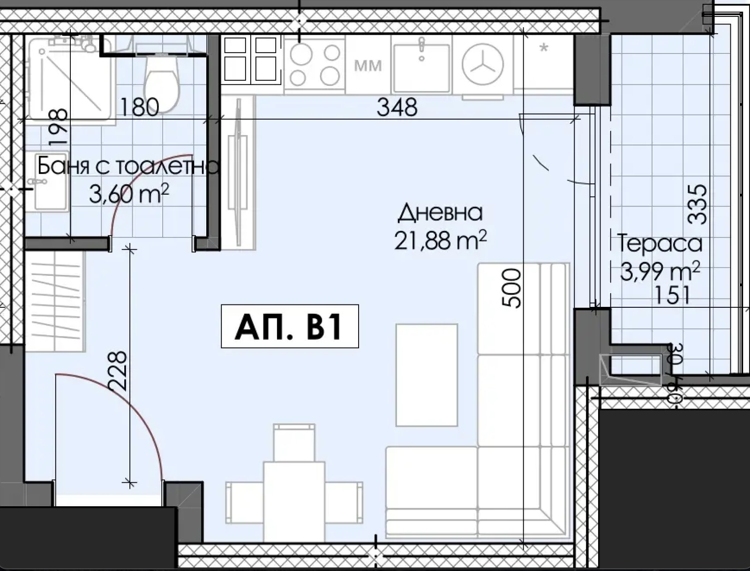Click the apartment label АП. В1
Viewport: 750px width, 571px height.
pos(290,326)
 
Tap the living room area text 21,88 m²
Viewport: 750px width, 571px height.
pos(440,240)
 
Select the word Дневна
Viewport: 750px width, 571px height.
pos(441,212)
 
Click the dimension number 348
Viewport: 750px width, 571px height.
pos(397,107)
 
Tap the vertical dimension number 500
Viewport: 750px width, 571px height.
pos(511,288)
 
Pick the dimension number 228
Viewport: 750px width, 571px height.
pos(117,371)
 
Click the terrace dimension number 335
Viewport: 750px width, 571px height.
pos(697,205)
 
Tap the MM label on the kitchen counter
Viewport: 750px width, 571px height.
pos(368,66)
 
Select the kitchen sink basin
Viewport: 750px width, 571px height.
pos(421,69)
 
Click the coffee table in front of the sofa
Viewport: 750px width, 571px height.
pos(427,375)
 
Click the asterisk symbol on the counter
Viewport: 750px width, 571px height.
pos(544,47)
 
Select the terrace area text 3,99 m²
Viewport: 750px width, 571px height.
pos(660,272)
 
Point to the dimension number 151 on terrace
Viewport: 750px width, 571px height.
pos(672,296)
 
